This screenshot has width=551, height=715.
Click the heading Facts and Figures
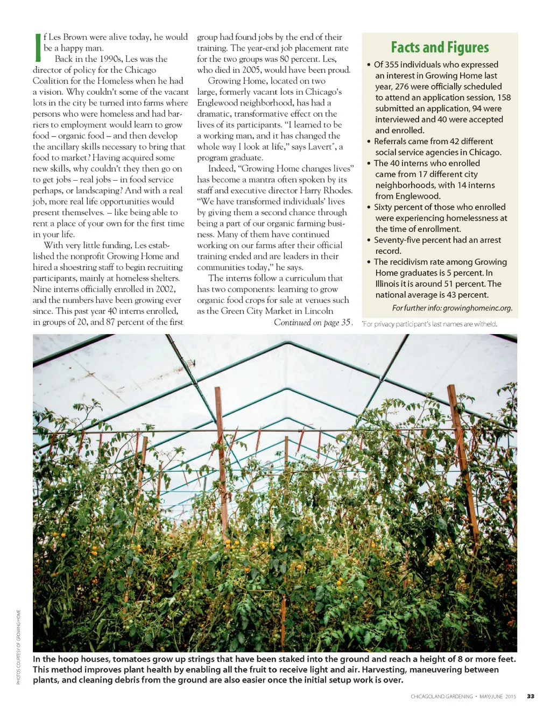coord(440,47)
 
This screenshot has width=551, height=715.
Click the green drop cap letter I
coord(37,47)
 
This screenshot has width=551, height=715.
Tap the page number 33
coord(531,696)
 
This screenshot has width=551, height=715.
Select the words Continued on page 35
coord(312,323)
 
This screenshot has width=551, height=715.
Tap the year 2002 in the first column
coord(165,289)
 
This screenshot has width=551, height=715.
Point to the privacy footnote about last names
coord(429,324)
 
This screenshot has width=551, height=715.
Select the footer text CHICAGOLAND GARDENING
coord(441,696)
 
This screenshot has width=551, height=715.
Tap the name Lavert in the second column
coord(320,147)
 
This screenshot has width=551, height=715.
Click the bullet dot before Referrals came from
coord(369,141)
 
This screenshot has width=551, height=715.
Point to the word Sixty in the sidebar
coord(383,207)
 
